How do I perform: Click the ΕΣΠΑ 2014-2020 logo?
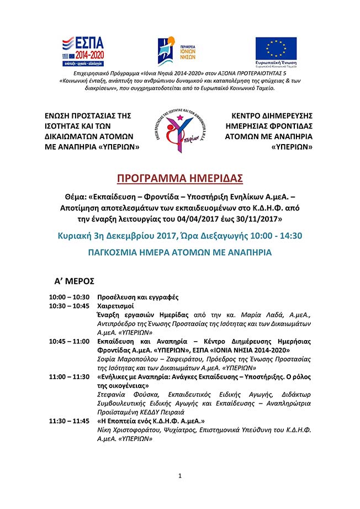[85, 51]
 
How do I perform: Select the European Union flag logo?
[276, 50]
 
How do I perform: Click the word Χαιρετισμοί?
[116, 305]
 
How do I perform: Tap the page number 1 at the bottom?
[180, 476]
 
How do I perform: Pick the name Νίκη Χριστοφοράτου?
[128, 430]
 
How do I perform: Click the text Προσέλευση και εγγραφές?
[137, 297]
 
